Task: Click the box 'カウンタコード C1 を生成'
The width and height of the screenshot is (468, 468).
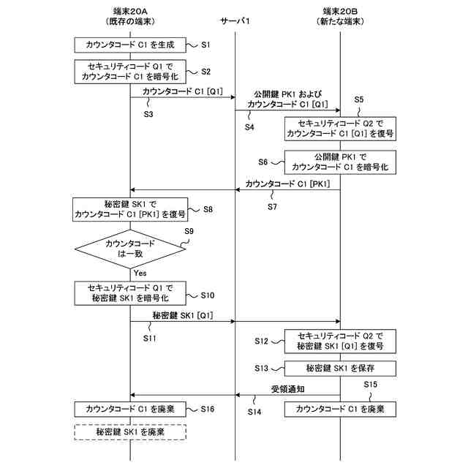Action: point(130,45)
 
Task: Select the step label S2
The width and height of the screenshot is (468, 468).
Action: point(205,71)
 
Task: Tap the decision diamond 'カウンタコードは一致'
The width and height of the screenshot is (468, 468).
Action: point(130,249)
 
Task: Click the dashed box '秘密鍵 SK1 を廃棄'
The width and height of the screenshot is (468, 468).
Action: point(130,432)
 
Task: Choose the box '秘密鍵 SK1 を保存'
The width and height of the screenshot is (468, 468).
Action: point(340,368)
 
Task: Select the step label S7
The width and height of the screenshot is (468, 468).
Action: point(272,207)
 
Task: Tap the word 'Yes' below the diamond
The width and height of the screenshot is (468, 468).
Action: point(140,273)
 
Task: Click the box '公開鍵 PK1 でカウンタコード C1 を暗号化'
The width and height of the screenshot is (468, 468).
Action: point(340,162)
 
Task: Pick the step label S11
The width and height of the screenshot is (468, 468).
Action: point(150,339)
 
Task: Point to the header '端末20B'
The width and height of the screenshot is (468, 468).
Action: point(341,12)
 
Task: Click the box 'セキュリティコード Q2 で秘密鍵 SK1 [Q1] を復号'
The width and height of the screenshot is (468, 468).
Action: point(340,341)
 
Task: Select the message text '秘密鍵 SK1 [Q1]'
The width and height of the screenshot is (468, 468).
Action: point(183,315)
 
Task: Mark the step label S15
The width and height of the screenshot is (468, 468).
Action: point(370,385)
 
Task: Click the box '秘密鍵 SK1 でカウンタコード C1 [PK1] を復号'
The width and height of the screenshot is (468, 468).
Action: point(130,209)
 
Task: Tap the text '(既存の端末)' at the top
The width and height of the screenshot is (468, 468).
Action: point(130,23)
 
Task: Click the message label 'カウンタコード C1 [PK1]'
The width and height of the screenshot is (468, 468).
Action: point(288,184)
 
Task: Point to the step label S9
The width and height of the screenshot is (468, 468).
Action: point(189,232)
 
